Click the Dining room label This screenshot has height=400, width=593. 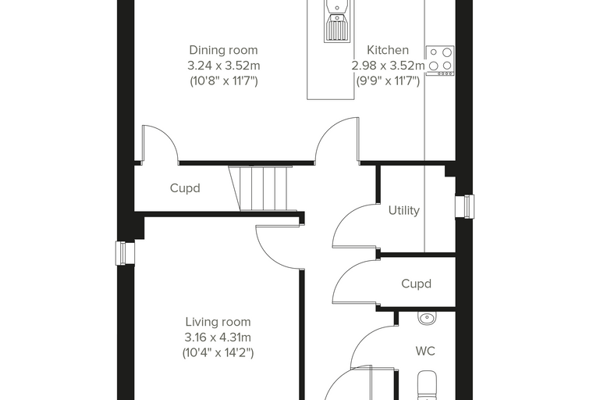223,50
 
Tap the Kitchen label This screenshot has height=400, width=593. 388,50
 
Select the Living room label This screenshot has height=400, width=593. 218,322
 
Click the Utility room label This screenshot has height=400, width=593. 404,210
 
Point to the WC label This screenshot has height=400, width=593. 425,351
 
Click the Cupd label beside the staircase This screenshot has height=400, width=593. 185,188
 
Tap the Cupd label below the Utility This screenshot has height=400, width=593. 416,284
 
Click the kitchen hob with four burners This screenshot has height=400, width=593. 440,61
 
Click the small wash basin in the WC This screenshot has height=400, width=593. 427,317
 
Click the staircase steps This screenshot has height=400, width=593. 263,188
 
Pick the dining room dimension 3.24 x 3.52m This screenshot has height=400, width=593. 223,66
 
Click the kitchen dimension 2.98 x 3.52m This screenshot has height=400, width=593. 388,66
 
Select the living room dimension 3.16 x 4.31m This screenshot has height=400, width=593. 218,337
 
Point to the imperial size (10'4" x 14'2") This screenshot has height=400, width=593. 218,353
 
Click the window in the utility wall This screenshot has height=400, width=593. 464,206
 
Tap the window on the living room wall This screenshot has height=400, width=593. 125,253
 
